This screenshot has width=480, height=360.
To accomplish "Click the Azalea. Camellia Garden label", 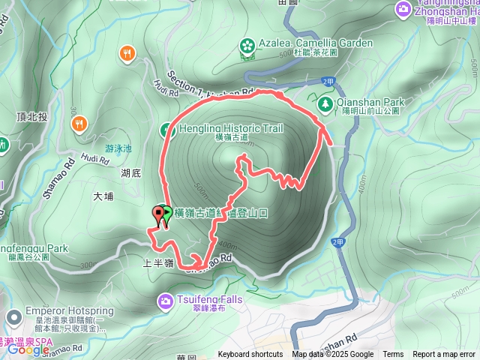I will (x=314, y=43).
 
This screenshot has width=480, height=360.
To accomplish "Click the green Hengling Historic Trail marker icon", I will (x=168, y=130).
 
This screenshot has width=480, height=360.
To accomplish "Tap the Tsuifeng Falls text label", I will (x=208, y=301).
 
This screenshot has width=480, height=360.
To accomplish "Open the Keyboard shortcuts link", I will (x=250, y=355).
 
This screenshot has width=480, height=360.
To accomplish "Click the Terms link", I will (x=393, y=355).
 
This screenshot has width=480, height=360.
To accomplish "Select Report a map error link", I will (x=445, y=355).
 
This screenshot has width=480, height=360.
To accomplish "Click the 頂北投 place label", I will (x=31, y=116).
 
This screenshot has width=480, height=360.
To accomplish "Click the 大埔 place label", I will (x=103, y=197).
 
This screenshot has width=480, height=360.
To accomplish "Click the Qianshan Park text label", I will (x=371, y=103).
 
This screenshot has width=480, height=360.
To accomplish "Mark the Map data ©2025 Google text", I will (x=333, y=355).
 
